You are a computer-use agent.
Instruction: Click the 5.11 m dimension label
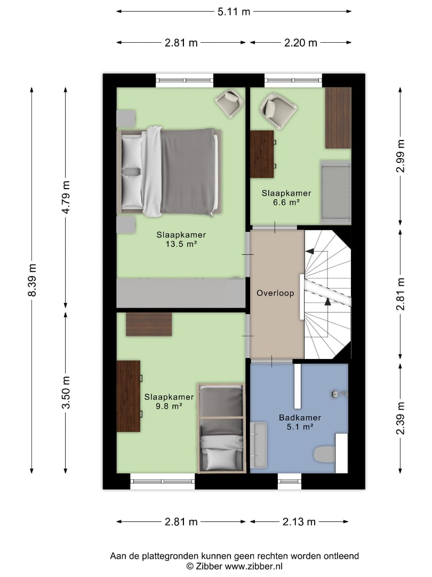pos(234,12)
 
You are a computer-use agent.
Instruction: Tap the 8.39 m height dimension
pos(33,280)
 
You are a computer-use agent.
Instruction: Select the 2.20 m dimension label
pos(300,43)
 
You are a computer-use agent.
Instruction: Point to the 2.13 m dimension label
pos(299,521)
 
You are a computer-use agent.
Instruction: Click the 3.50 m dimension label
pos(66,392)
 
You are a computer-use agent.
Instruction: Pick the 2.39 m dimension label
pos(401,418)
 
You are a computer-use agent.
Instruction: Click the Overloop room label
pos(275,293)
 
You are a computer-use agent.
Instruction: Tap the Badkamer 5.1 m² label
pos(300,422)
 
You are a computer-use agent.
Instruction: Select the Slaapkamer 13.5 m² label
pos(181,239)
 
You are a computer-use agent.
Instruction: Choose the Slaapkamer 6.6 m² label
pos(286,198)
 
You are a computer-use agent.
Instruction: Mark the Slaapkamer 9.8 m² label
pos(169,401)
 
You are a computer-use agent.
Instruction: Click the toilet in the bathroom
pos(324,454)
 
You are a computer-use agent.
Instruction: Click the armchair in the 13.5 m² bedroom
pos(229,104)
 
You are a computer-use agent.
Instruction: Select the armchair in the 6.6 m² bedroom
pos(278,111)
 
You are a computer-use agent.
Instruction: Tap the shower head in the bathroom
pos(339,394)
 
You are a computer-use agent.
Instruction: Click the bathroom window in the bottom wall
pos(290,481)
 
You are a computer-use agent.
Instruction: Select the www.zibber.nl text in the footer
pos(253,567)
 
